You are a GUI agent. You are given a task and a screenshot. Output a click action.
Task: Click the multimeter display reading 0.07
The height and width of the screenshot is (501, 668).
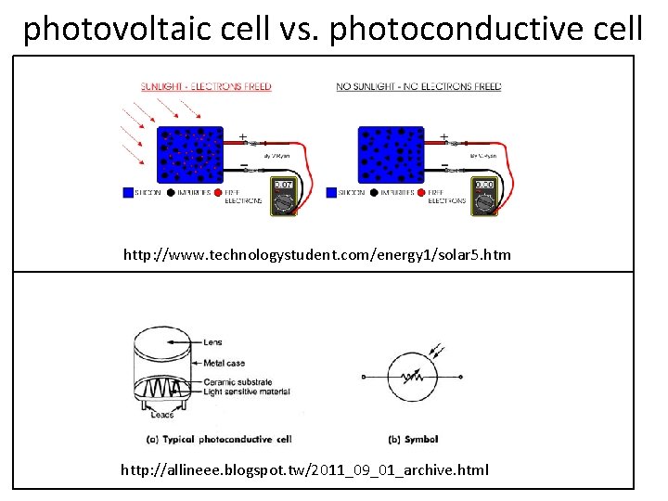(x=283, y=186)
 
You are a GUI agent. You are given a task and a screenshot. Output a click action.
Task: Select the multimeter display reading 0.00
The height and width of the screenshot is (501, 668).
(x=483, y=186)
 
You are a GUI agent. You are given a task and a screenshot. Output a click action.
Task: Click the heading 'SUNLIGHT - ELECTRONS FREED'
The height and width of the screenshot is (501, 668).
(x=206, y=87)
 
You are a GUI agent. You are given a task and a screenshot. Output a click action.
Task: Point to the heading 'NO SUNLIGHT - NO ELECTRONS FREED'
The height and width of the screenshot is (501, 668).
(x=418, y=87)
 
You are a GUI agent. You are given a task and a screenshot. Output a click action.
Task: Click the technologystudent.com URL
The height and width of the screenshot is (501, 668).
(x=317, y=254)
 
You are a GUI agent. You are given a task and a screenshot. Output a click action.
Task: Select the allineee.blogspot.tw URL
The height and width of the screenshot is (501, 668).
(x=304, y=469)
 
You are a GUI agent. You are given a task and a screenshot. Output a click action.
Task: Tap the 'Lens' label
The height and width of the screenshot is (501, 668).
(x=212, y=342)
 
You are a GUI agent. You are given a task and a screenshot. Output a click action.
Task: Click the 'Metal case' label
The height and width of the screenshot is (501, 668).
(x=225, y=363)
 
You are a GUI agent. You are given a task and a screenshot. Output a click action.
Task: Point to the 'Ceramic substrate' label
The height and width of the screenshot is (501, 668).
(x=238, y=381)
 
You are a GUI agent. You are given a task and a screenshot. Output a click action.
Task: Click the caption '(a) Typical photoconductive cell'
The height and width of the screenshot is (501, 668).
(x=220, y=439)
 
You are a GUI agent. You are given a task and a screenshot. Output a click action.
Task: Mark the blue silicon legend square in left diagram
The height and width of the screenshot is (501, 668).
(x=128, y=193)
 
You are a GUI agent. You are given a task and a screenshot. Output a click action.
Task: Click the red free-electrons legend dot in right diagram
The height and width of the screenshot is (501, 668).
(x=422, y=193)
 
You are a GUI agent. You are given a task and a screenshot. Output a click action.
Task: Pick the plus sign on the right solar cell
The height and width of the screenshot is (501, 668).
(x=443, y=137)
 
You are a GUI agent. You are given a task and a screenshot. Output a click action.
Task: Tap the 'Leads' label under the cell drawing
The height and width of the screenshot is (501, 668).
(x=162, y=414)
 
